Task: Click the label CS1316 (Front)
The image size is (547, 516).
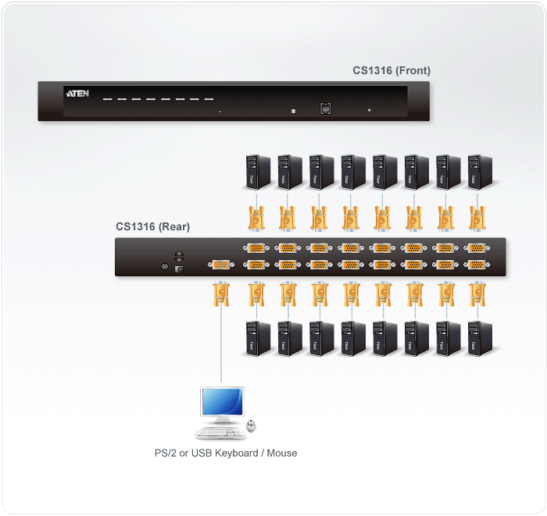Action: [x=391, y=71]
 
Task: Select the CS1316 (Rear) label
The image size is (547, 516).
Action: [x=152, y=227]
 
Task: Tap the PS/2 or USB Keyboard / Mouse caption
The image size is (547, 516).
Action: [x=226, y=453]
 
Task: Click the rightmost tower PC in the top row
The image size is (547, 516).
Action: [x=478, y=171]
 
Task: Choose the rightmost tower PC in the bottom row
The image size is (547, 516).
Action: [x=478, y=337]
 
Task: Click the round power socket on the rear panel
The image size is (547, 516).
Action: [x=164, y=268]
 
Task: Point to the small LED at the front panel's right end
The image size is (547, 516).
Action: [x=370, y=111]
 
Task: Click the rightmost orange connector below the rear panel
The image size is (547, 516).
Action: [x=475, y=295]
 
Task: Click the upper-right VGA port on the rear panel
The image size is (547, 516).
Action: [x=475, y=249]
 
